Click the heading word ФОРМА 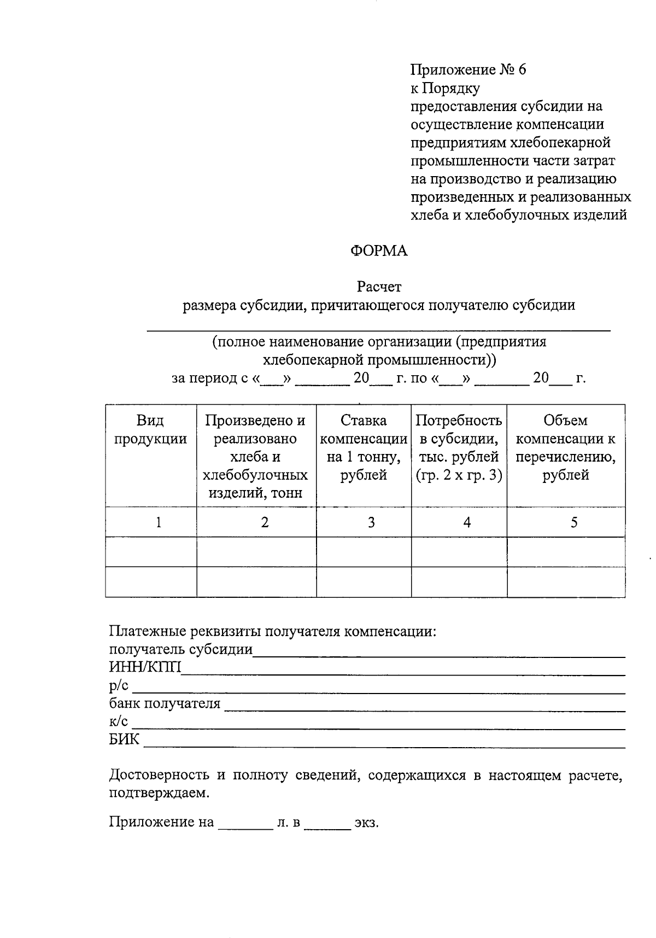tap(379, 251)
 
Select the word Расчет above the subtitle tap(379, 287)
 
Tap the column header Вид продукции tap(150, 429)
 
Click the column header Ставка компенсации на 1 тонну tap(364, 447)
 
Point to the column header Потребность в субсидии tap(459, 447)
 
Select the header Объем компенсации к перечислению tap(566, 447)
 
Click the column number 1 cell tap(159, 522)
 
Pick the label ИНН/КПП tap(145, 667)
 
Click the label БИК tap(124, 740)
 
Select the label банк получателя tap(165, 704)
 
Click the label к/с tap(119, 722)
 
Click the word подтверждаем tap(159, 793)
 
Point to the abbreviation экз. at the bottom tap(366, 823)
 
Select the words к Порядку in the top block tap(445, 88)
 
